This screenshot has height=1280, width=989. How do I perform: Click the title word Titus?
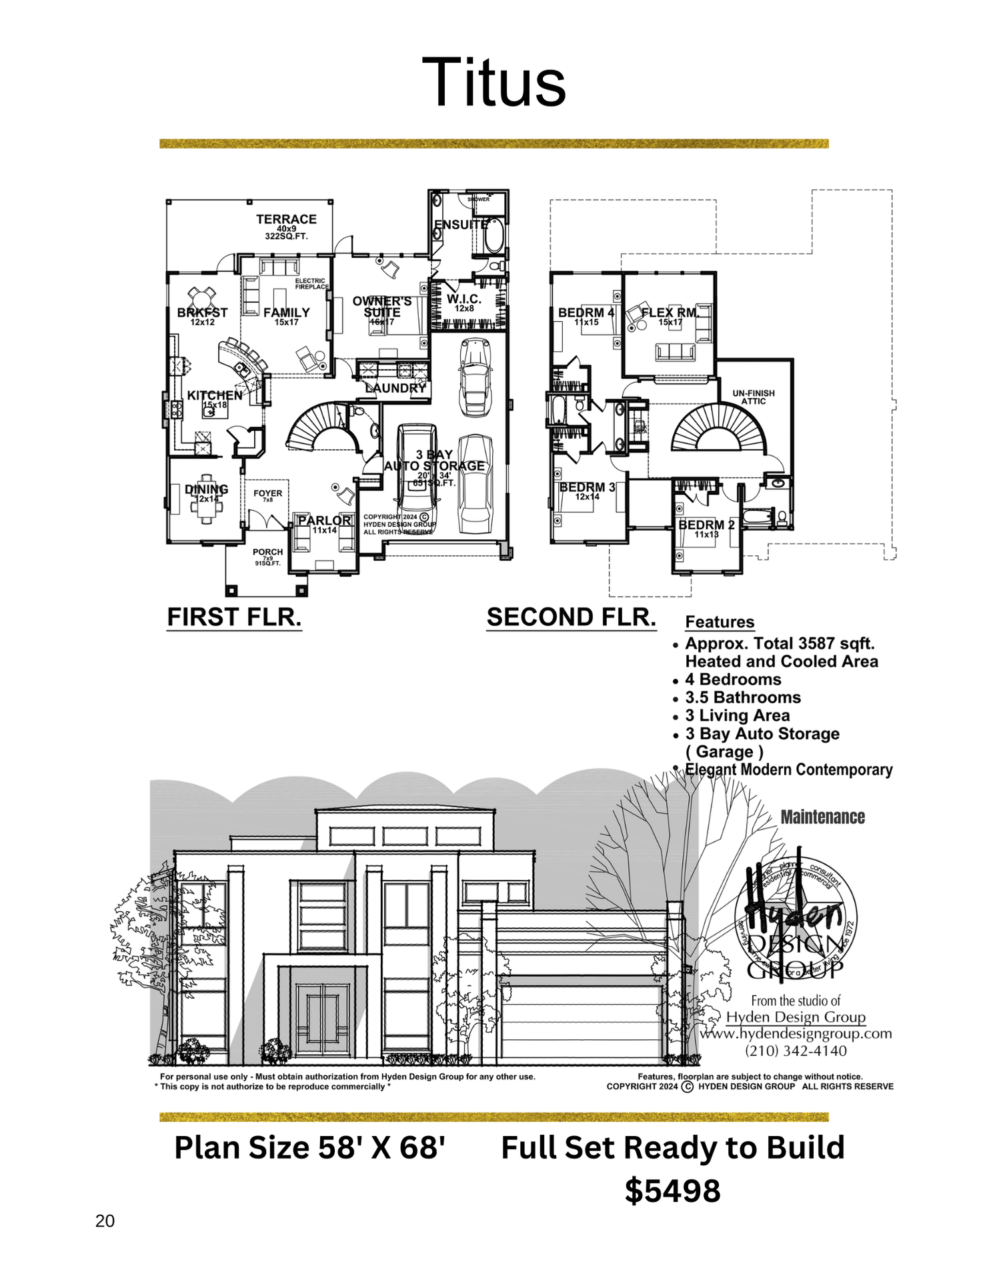(493, 83)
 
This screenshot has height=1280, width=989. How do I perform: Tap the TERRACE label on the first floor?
(286, 219)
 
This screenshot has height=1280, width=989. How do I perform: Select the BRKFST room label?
(202, 313)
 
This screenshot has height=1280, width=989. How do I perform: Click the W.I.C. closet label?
(464, 300)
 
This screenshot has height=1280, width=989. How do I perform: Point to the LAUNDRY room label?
(395, 388)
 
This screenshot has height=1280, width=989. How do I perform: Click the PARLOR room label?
(324, 521)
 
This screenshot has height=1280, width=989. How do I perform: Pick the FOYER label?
(267, 494)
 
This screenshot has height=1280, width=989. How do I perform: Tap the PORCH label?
(267, 552)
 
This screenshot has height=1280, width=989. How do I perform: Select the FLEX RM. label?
(670, 313)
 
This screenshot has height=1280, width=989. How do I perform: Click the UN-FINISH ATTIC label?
(754, 397)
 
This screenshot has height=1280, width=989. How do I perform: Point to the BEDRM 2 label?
(706, 525)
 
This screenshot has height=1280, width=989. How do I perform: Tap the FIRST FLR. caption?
(234, 617)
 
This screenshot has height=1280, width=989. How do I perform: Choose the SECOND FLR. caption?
(572, 617)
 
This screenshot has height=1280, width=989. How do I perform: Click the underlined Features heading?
(720, 622)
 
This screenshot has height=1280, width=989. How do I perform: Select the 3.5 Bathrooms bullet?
(743, 697)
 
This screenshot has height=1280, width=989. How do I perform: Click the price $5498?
(672, 1191)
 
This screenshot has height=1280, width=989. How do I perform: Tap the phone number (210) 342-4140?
(796, 1051)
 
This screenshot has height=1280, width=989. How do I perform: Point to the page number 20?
(105, 1221)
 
